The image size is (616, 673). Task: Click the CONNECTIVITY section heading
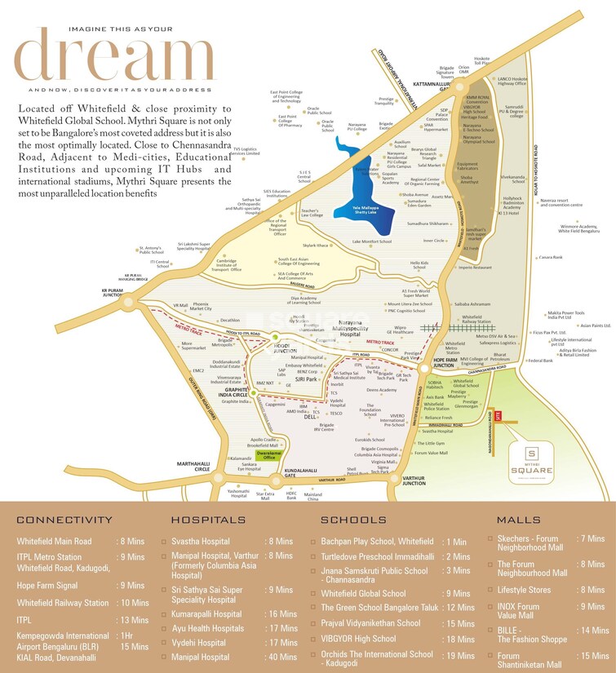[x=64, y=520]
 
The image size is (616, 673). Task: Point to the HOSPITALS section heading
[x=209, y=520]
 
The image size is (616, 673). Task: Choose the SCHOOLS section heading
[x=352, y=520]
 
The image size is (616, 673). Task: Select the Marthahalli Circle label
[x=195, y=467]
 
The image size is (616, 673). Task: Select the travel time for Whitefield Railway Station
[x=132, y=603]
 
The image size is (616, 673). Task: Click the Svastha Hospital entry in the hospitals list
[x=201, y=541]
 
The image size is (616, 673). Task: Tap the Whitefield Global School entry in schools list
[x=363, y=594]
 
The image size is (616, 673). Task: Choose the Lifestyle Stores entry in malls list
[x=524, y=590]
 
